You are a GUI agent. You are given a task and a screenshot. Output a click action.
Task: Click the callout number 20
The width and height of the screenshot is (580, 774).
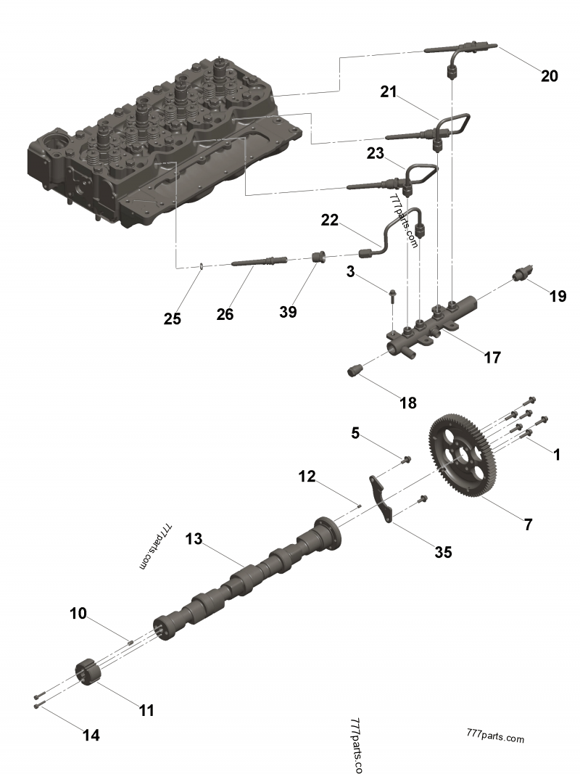click(549, 75)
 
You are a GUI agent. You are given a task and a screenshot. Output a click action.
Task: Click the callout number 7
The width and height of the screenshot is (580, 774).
click(528, 524)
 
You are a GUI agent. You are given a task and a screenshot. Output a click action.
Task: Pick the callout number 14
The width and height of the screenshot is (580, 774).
click(91, 735)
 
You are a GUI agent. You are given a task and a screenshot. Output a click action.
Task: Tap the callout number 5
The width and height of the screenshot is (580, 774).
click(355, 433)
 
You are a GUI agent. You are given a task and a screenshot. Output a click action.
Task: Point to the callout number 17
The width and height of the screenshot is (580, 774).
click(492, 357)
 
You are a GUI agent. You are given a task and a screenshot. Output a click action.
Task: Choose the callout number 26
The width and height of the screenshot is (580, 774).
click(225, 314)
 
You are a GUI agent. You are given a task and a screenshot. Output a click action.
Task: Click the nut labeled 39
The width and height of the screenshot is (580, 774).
click(317, 257)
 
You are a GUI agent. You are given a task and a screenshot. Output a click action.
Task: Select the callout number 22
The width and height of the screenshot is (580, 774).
click(330, 220)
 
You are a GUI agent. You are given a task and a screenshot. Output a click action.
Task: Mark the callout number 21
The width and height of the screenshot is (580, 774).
click(389, 91)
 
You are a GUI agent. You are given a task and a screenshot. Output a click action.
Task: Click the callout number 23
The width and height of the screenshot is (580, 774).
click(374, 154)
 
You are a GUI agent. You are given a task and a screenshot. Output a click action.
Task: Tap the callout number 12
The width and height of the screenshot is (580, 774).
click(307, 477)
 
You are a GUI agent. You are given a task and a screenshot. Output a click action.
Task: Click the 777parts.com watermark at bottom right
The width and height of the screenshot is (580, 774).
click(495, 738)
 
